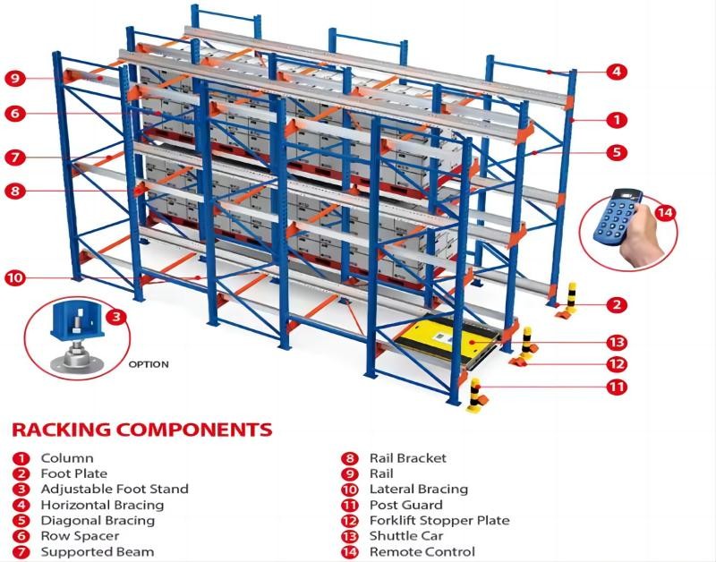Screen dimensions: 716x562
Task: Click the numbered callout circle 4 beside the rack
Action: point(617,72)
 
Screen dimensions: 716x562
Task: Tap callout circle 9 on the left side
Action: point(15,78)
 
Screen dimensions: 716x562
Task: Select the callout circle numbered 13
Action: point(617,343)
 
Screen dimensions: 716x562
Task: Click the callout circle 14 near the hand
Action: point(665,213)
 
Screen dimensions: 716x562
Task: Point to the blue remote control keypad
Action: point(618,217)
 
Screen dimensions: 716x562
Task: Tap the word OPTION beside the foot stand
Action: point(149,364)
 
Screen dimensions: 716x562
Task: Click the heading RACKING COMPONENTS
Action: point(142,430)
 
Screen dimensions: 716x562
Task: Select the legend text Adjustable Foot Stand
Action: point(115,489)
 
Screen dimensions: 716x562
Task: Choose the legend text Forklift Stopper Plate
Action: point(439,521)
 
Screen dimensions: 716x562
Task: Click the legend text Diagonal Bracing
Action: point(98,521)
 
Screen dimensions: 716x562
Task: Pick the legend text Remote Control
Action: point(422,551)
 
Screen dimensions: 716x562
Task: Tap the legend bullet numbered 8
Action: point(349,458)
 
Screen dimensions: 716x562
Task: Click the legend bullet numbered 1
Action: point(21,458)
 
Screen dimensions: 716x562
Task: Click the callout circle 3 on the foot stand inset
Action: point(116,317)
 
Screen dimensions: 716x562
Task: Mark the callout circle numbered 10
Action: point(15,277)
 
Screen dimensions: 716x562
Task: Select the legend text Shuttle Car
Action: point(406,536)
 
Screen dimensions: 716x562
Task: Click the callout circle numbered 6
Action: point(15,114)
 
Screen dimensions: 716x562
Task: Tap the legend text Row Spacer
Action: point(80,536)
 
